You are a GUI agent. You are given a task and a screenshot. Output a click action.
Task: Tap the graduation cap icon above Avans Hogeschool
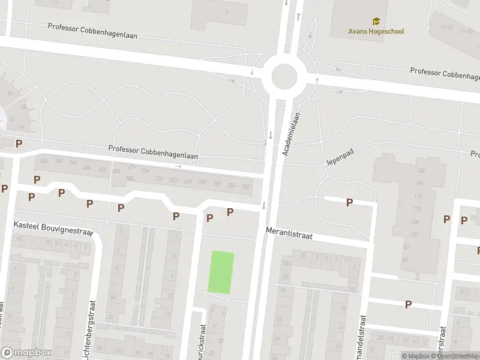(x=376, y=22)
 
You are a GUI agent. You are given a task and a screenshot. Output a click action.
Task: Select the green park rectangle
(x=221, y=272)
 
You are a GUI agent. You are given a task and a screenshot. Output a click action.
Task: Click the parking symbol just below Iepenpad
(x=349, y=202)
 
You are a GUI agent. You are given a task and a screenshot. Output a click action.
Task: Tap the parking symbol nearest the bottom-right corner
(x=408, y=304)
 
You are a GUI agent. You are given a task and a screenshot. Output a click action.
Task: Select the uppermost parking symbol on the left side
(x=19, y=143)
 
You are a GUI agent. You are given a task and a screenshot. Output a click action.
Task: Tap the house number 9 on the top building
(x=226, y=13)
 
